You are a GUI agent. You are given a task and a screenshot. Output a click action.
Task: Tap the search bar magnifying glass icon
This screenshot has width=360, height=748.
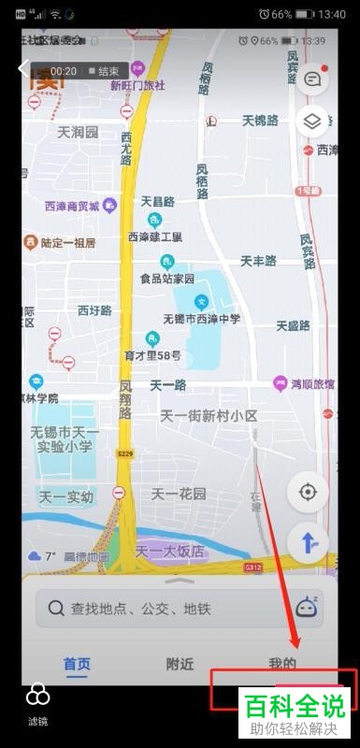55,608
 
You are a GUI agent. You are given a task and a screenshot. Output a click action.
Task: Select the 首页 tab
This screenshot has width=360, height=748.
77,664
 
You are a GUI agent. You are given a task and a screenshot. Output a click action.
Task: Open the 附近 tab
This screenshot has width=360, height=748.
180,664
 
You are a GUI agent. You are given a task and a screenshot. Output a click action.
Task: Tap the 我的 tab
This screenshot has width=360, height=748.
282,664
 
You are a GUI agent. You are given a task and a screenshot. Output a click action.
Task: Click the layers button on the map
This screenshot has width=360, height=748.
312,122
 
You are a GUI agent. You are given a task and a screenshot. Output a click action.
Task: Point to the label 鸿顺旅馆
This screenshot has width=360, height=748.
310,383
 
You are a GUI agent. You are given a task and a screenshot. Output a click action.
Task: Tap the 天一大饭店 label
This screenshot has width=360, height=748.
170,552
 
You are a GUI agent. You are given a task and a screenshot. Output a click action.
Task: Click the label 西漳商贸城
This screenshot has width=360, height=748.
71,205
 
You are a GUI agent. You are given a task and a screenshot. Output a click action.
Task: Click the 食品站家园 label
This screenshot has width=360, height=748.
167,279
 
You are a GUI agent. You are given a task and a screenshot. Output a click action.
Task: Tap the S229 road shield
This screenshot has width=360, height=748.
124,453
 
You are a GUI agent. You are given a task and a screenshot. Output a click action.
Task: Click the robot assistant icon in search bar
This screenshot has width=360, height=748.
307,607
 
